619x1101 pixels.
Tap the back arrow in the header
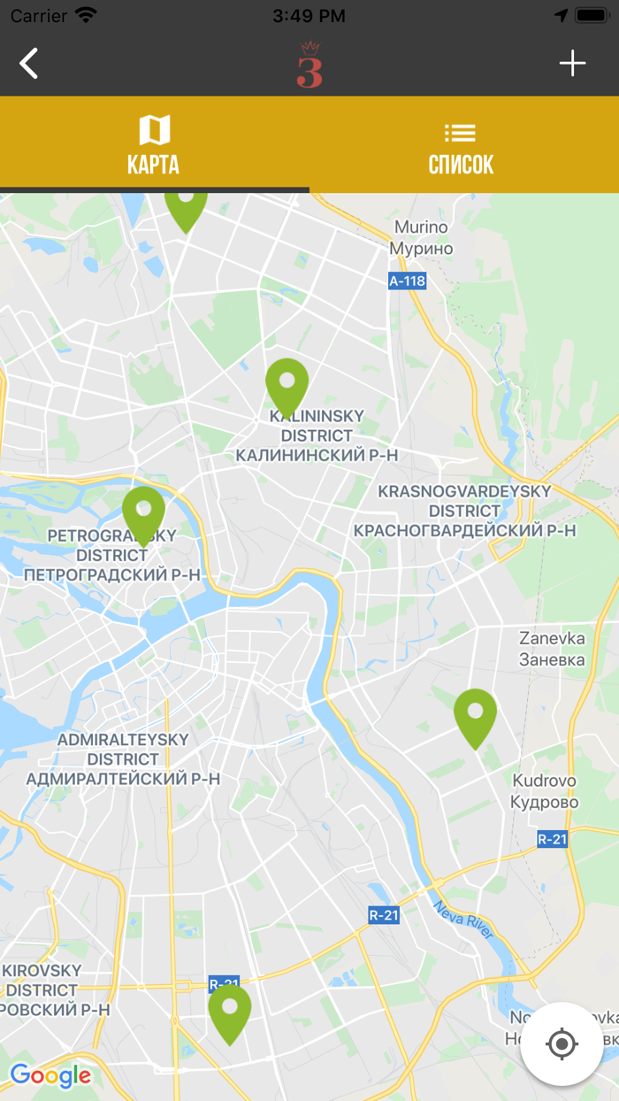29,64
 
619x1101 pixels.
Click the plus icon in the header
572,64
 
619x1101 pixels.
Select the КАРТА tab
154,145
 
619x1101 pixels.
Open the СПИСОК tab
461,145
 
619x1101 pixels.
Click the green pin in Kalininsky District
287,386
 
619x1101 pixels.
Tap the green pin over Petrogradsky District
143,514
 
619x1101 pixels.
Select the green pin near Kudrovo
475,716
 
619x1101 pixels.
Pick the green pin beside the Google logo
230,1012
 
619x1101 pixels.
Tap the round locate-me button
562,1044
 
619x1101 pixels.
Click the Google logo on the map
50,1076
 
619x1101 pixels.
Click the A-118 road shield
407,281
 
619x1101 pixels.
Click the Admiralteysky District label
123,759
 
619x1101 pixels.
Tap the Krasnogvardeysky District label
464,511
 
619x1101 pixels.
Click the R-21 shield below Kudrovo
552,839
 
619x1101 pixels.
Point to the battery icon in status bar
591,16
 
